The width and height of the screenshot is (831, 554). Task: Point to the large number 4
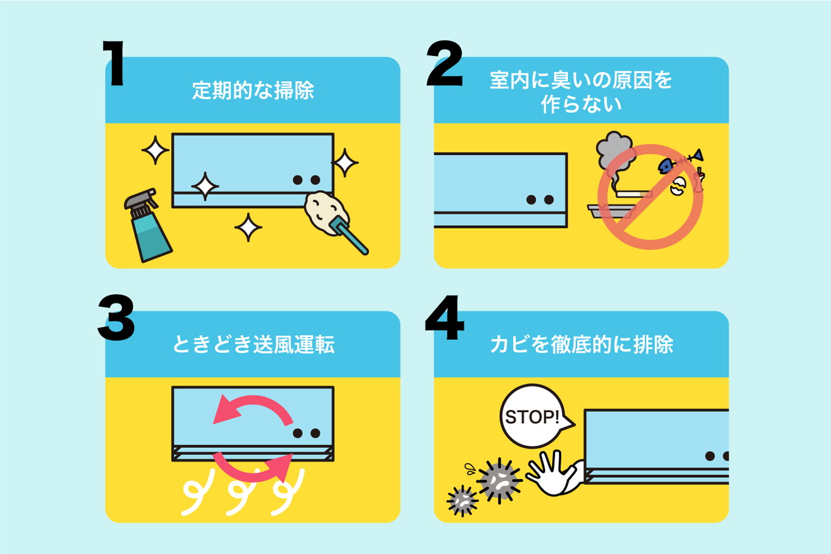[x=445, y=318]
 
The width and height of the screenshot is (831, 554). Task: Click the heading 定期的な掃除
[x=253, y=90]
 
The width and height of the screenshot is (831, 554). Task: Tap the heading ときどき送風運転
[x=253, y=345]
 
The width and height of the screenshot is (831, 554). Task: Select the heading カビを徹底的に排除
[x=581, y=345]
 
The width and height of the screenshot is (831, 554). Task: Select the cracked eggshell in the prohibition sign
[x=678, y=187]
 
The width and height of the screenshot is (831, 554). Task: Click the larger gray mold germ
[x=499, y=480]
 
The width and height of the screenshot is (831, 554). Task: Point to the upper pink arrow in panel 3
[x=251, y=411]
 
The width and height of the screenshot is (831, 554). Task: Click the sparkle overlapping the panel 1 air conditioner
[x=204, y=187]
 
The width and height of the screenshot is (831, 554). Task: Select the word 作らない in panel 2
[x=581, y=105]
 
